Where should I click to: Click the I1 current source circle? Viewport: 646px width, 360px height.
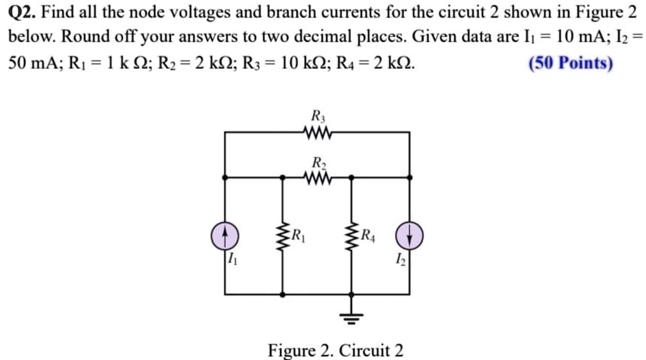(225, 236)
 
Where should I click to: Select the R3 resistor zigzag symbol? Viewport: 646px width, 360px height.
(317, 132)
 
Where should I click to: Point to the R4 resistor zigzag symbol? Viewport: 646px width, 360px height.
(352, 236)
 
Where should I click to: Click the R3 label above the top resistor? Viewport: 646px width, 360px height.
(318, 116)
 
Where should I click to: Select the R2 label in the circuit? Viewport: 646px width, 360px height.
(318, 162)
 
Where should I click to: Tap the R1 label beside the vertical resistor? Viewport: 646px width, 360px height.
(298, 237)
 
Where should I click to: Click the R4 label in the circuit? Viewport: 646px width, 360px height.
(368, 237)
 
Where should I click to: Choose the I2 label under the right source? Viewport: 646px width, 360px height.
(400, 258)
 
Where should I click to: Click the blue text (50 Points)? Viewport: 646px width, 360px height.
(571, 63)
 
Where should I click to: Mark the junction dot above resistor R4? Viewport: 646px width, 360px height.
(352, 178)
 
